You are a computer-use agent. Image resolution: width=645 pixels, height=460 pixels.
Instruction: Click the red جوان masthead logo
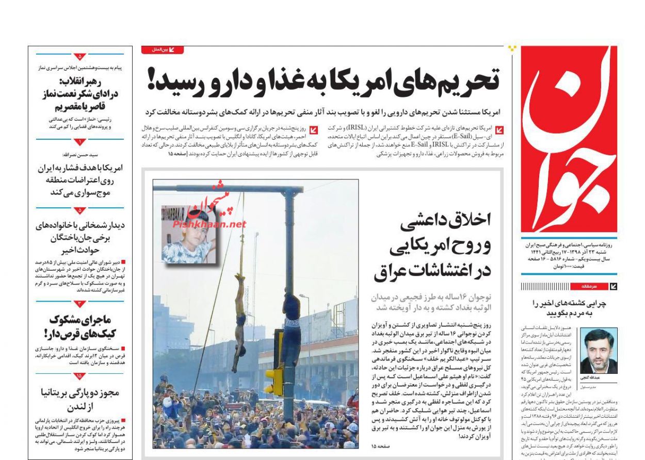click(569, 139)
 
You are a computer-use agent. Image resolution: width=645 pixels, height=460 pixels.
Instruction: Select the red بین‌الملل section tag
click(162, 50)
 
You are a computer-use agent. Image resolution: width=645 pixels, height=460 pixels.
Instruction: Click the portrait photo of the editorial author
click(599, 351)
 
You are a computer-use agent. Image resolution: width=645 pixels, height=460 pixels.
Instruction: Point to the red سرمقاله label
click(588, 287)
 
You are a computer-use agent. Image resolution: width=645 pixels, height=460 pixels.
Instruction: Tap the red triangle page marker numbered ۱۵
click(79, 376)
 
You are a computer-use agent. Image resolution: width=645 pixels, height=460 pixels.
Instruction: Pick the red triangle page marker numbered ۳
click(79, 304)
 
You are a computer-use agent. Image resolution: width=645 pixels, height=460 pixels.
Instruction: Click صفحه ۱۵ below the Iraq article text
click(381, 446)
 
